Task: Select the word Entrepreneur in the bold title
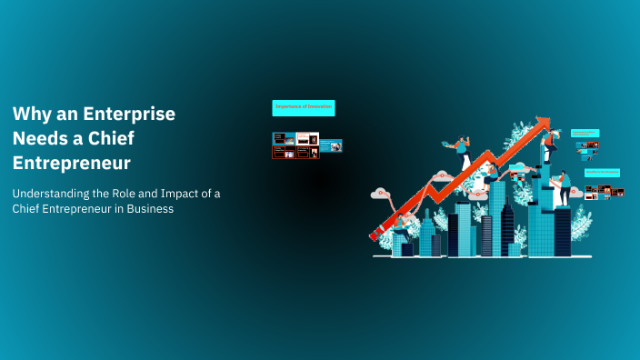[x=71, y=164]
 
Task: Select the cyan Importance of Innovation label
[x=304, y=108]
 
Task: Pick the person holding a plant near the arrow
[x=460, y=147]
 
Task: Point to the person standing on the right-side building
[x=564, y=188]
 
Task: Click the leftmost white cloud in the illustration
[x=379, y=193]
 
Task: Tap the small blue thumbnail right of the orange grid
[x=331, y=145]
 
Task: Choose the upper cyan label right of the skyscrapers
[x=585, y=133]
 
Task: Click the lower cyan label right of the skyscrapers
[x=602, y=172]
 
